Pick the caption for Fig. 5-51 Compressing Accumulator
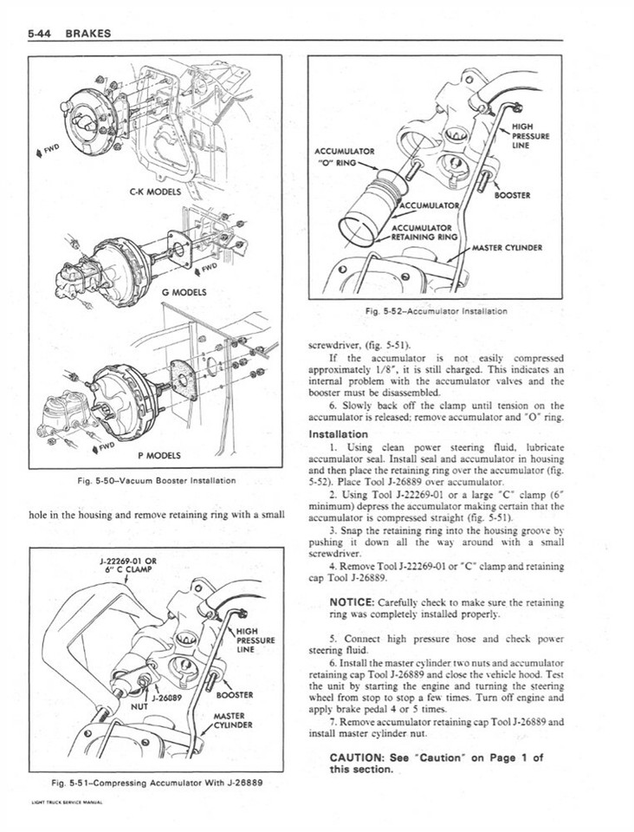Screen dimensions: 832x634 pos(157,782)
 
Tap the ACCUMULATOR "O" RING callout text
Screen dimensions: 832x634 pos(346,155)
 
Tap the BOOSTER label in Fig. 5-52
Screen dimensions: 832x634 pos(511,194)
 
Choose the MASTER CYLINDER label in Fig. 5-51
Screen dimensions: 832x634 pos(231,720)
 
